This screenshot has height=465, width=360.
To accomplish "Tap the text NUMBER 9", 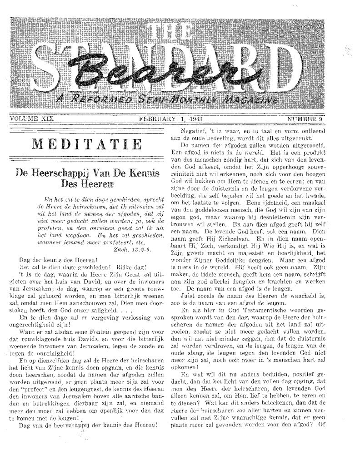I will [x=306, y=119].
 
